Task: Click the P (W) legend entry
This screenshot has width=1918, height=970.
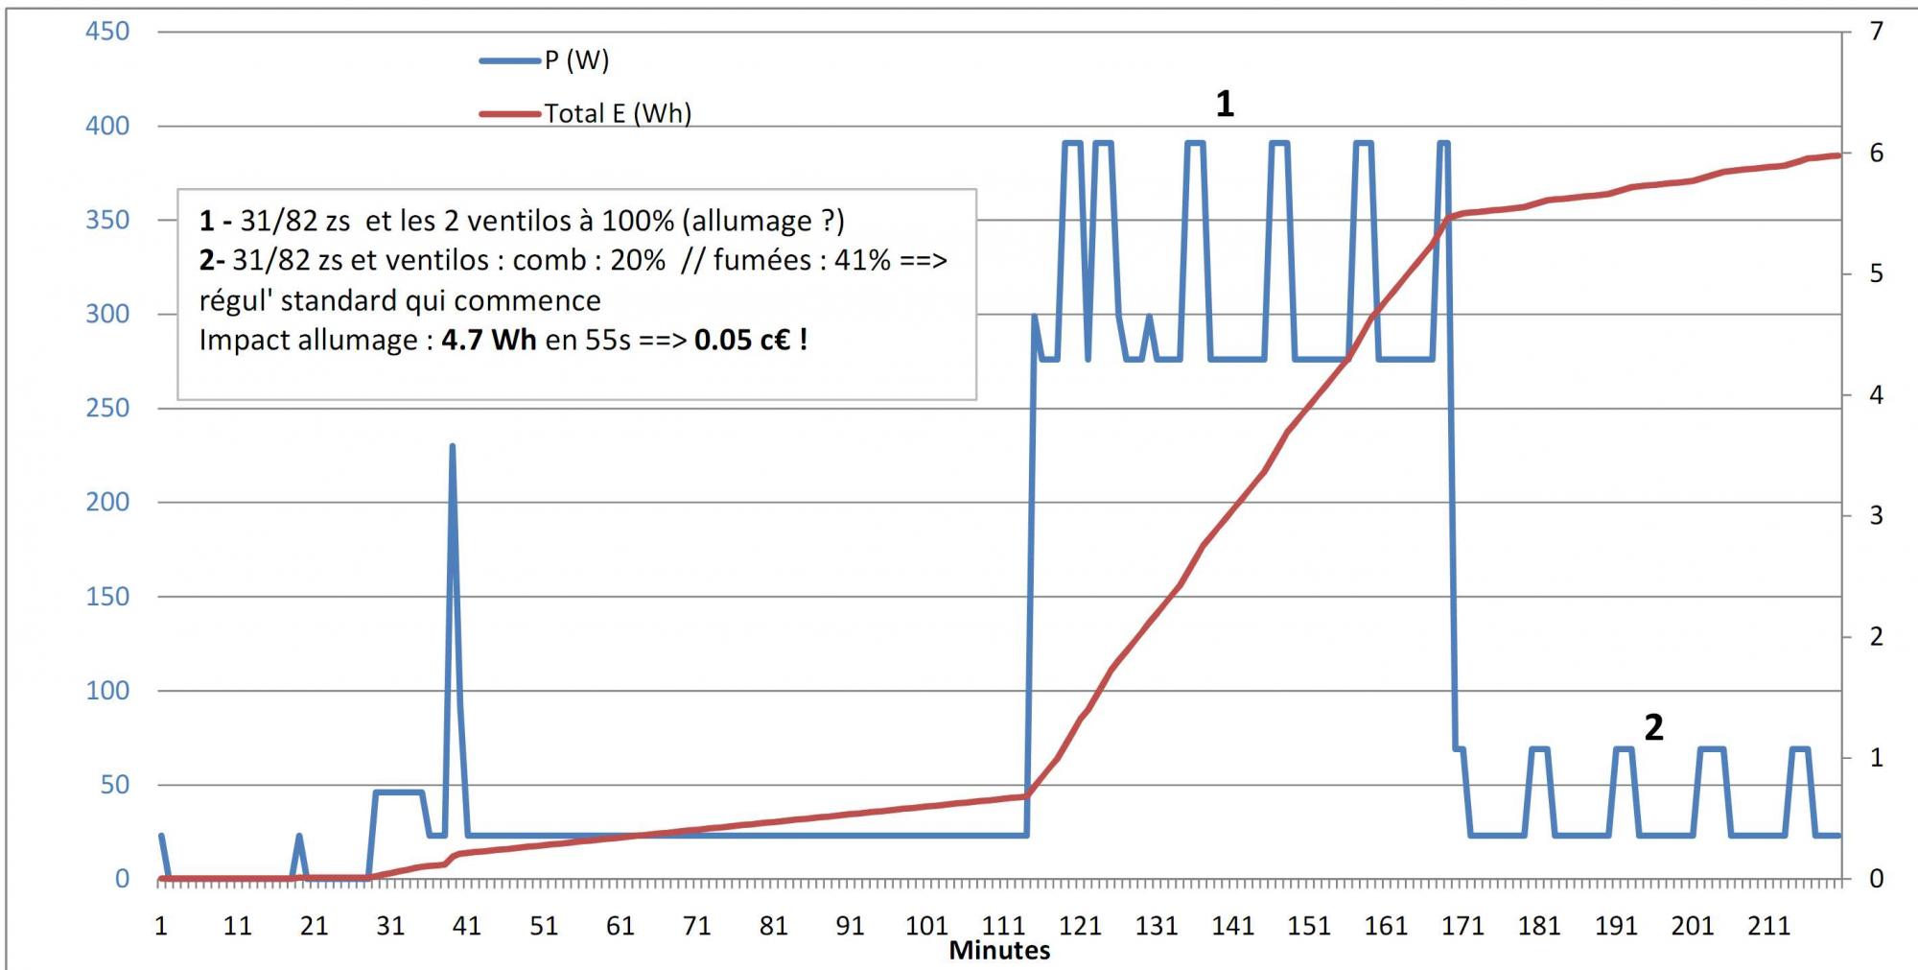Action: point(575,60)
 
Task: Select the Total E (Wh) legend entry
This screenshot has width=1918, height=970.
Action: point(617,113)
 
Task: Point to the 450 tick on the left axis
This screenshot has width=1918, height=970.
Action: point(107,32)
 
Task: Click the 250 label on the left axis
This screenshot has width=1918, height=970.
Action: point(107,408)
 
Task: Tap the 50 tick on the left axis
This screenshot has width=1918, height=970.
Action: point(114,785)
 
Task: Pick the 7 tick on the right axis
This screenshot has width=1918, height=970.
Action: point(1877,32)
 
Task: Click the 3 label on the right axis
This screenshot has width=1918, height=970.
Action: point(1877,516)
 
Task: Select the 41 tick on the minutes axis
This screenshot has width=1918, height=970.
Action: point(467,926)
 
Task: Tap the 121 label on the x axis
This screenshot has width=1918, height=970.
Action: point(1080,926)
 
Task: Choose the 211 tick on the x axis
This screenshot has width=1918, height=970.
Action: point(1768,926)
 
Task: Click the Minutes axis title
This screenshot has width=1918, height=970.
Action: point(999,951)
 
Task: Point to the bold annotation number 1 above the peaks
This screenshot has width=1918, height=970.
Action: point(1225,104)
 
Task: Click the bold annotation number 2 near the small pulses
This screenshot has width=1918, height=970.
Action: point(1653,727)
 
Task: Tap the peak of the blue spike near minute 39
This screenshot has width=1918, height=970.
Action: point(452,446)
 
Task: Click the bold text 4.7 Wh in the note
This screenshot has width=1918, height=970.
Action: point(488,340)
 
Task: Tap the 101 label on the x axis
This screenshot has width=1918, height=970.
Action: point(926,926)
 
